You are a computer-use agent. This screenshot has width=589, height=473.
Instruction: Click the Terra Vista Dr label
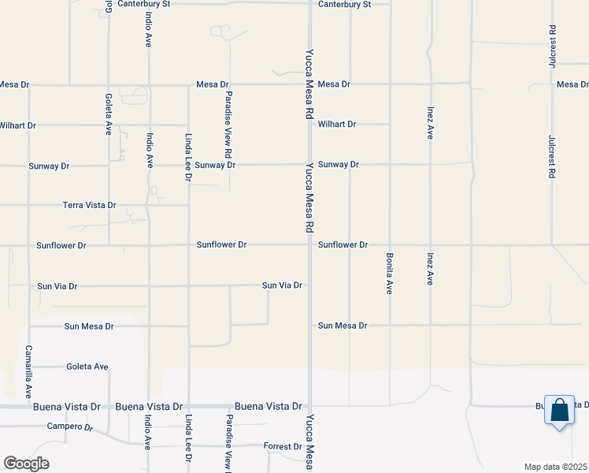[x=90, y=205]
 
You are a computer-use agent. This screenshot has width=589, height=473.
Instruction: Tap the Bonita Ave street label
[x=389, y=274]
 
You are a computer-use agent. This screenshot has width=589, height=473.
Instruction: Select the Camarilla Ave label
[x=28, y=371]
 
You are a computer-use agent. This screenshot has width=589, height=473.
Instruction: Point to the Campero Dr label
[x=69, y=426]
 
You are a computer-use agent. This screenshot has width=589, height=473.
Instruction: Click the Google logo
[x=26, y=464]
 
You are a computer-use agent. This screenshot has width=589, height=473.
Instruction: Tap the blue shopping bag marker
[x=559, y=411]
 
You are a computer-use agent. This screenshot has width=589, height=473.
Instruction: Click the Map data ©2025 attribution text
[x=554, y=467]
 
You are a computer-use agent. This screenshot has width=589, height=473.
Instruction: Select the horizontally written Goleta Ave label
[x=87, y=367]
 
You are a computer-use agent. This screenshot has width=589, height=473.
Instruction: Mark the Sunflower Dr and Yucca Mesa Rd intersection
[x=309, y=244]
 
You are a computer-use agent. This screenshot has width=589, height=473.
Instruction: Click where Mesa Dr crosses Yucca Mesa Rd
[x=309, y=84]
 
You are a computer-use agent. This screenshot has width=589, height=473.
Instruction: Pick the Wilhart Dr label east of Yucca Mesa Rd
[x=337, y=125]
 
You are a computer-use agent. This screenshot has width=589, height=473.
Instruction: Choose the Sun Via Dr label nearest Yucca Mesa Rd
[x=282, y=285]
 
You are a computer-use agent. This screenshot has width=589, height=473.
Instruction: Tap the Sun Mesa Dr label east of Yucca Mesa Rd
[x=343, y=326]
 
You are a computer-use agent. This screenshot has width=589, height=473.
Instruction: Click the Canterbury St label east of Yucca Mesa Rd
[x=343, y=4]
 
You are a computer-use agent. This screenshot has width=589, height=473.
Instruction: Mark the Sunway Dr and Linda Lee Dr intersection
[x=188, y=166]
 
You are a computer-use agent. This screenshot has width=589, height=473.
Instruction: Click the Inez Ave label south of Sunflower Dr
[x=430, y=269]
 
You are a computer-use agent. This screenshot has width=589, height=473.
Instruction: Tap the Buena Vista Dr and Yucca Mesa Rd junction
[x=309, y=406]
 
